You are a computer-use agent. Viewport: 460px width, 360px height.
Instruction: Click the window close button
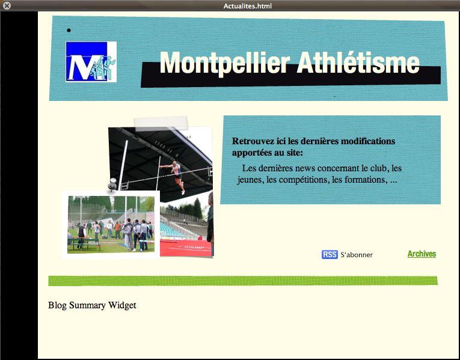click(7, 5)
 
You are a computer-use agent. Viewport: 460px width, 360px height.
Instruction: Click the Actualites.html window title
click(248, 6)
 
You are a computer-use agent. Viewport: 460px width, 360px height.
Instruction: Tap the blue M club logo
click(91, 62)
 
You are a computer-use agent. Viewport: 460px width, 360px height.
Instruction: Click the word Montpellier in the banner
click(225, 63)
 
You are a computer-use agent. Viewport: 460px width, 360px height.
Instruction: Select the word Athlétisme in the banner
click(358, 62)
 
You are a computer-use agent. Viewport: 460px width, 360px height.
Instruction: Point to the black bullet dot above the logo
click(69, 30)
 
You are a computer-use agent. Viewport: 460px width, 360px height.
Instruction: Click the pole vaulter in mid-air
click(175, 176)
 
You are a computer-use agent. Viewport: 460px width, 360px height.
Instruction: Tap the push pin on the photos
click(112, 184)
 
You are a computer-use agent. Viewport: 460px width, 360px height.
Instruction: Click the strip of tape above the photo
click(161, 123)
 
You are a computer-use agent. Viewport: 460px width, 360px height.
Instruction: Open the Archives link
click(422, 254)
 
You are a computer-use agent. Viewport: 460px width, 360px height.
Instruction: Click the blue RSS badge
click(330, 254)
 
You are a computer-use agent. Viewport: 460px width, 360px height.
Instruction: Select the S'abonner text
click(357, 255)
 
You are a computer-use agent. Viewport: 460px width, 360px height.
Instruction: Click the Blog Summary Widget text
click(92, 305)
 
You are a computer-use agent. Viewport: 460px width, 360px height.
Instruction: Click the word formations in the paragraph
click(366, 180)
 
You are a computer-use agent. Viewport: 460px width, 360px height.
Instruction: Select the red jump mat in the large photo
click(186, 248)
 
